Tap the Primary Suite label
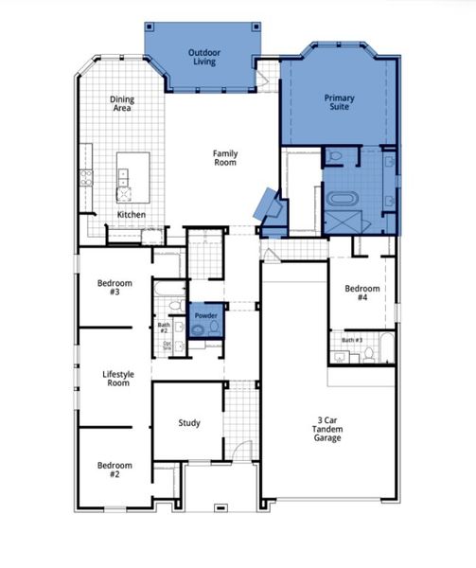tap(339, 103)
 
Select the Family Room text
tap(224, 158)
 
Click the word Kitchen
tap(131, 216)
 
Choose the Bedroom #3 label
tap(115, 288)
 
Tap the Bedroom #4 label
tap(361, 293)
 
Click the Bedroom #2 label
tap(115, 470)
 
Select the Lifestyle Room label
tap(118, 379)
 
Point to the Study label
tap(188, 423)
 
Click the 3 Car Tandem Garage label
tap(328, 429)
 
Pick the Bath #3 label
tap(352, 340)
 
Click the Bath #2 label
tap(164, 328)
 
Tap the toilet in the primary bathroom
tap(336, 157)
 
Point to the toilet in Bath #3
tap(369, 354)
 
